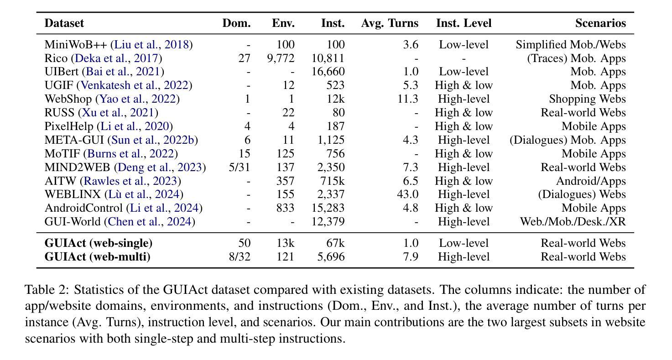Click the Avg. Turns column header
coord(390,23)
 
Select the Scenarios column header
coord(600,23)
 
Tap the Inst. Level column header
coord(464,23)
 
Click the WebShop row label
coord(68,99)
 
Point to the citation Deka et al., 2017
coord(116,58)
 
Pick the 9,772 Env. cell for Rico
coord(281,58)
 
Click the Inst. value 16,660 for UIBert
coord(328,71)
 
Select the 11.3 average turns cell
coord(408,99)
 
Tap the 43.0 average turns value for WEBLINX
coord(408,194)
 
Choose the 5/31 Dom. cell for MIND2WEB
coord(240,167)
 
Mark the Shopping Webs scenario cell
coord(588,99)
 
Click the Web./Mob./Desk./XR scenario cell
coord(573,221)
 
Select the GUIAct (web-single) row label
coord(99,243)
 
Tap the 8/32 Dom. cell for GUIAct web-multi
coord(240,256)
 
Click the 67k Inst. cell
coord(335,243)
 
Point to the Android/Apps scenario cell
coord(591,181)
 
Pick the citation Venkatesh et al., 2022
coord(135,85)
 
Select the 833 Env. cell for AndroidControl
coord(285,208)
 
